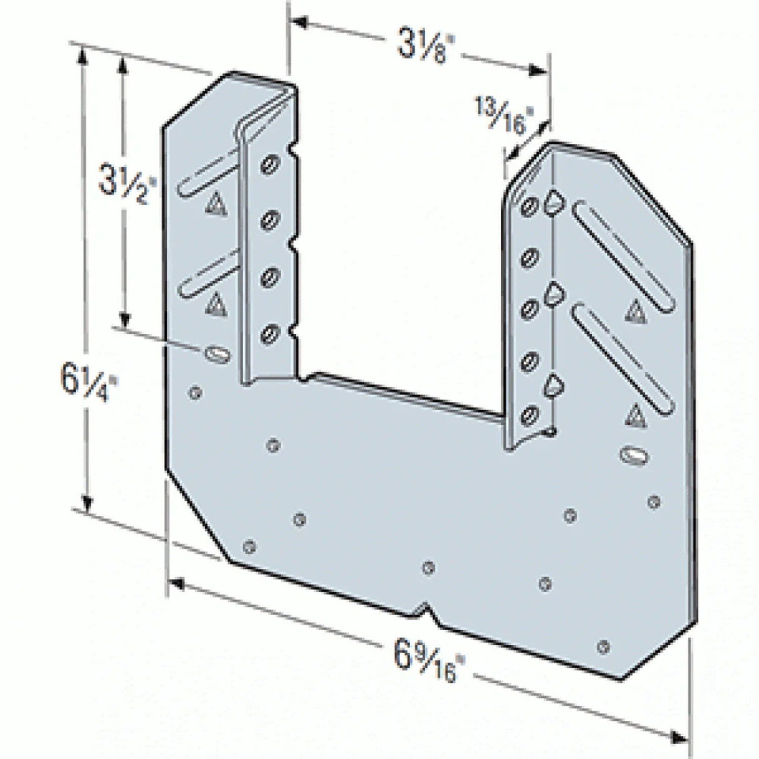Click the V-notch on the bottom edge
pyautogui.click(x=426, y=608)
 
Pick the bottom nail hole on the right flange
pyautogui.click(x=531, y=413)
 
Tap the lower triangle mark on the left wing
pyautogui.click(x=214, y=303)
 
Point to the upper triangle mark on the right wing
pyautogui.click(x=635, y=308)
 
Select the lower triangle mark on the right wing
pyautogui.click(x=636, y=413)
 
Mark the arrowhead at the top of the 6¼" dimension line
pyautogui.click(x=81, y=53)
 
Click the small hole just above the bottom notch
pyautogui.click(x=428, y=568)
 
